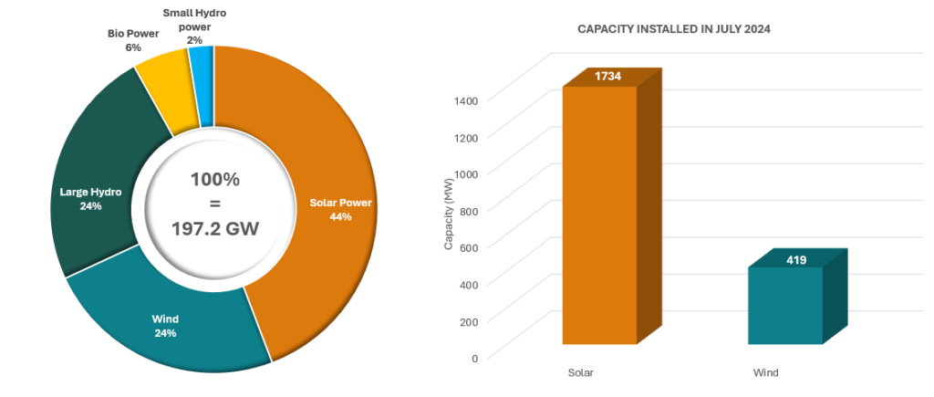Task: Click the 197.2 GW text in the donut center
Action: [x=214, y=228]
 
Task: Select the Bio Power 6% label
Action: [x=133, y=40]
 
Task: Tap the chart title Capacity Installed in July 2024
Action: [x=674, y=29]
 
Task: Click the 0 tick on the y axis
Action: [x=474, y=358]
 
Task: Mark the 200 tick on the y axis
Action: [x=469, y=321]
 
